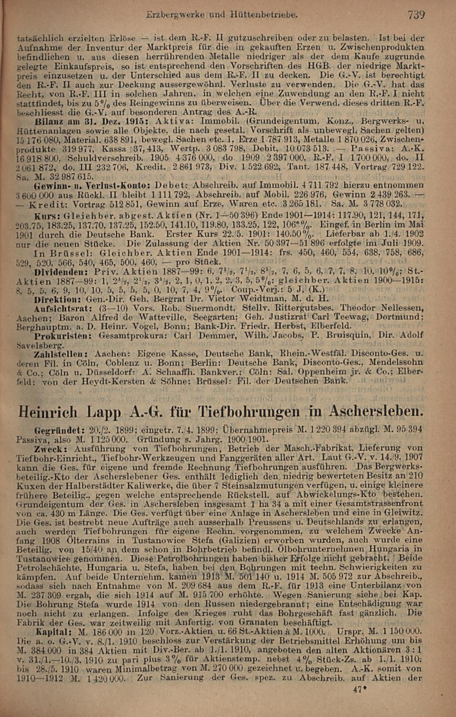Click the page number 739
coord(416,15)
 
